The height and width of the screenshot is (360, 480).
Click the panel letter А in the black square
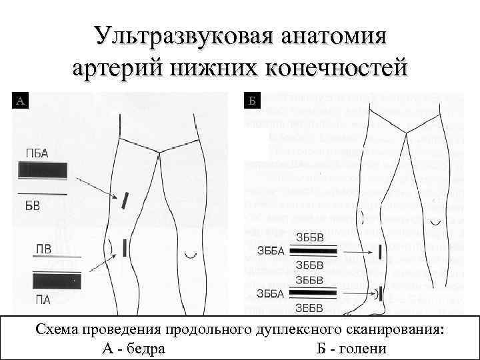(21, 101)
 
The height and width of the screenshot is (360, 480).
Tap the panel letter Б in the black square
(252, 101)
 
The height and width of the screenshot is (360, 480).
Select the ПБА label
(37, 153)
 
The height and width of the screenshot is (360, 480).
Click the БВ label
(32, 205)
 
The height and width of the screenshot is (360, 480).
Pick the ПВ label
(43, 249)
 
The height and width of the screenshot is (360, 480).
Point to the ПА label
(43, 299)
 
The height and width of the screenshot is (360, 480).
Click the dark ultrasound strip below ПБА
(43, 171)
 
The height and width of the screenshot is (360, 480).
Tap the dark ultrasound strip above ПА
(57, 280)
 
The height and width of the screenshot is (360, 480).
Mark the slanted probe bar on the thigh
(125, 199)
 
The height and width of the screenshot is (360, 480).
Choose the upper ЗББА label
(271, 251)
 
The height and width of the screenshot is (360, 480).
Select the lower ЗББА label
(271, 293)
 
